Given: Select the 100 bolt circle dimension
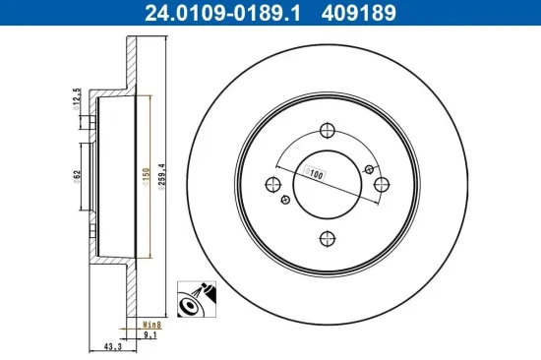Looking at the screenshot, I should pos(317,174).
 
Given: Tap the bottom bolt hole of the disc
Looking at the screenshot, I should pos(329,237).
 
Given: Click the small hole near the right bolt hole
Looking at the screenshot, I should pos(370,168).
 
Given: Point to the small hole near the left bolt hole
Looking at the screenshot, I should pos(286,201).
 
